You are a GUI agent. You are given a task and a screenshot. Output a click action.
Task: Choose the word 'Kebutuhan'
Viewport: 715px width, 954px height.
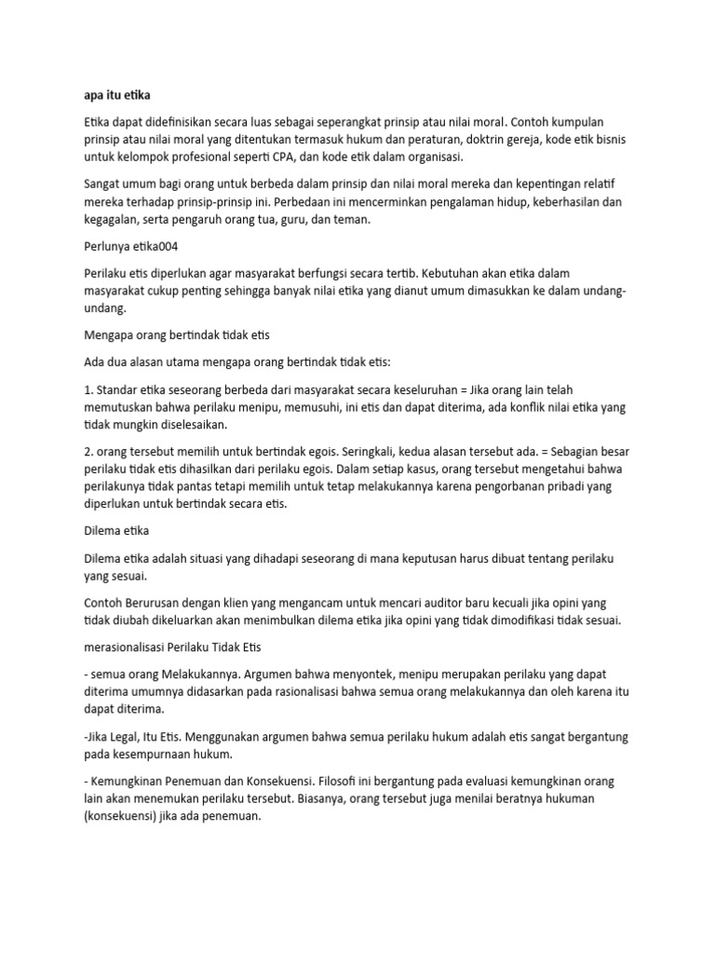pos(444,274)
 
